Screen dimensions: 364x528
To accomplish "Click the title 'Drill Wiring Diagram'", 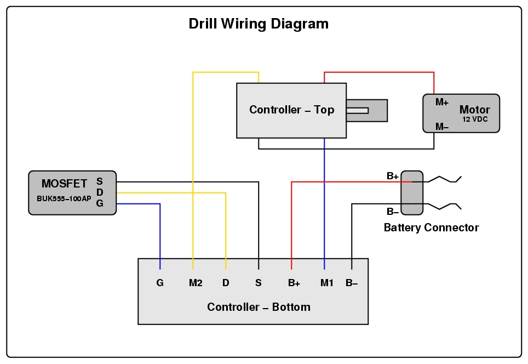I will point(259,24).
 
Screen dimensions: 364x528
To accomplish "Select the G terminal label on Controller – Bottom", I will point(159,283).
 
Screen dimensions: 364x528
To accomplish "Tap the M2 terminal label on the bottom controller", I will point(196,283).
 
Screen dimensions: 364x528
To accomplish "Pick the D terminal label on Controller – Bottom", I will point(226,283).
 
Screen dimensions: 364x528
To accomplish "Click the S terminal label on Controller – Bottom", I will point(259,283).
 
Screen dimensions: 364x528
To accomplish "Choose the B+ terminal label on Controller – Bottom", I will point(294,283).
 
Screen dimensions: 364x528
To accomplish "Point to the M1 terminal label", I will point(327,283).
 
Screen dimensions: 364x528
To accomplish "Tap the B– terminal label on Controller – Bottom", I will point(352,283).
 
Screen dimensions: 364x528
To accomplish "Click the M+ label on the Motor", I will point(442,103).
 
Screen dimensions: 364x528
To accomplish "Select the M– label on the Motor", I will point(442,127).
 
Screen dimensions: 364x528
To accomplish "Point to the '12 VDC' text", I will point(475,120).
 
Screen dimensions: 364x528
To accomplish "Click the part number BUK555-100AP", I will point(64,198).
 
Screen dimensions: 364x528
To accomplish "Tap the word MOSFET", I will point(64,184).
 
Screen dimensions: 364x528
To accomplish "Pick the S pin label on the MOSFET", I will point(100,181).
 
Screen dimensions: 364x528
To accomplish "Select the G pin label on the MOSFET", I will point(100,203).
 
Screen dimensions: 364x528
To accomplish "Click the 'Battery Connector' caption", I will point(431,228).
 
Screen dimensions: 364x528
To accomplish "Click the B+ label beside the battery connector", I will point(393,176).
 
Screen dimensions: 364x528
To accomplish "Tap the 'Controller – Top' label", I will point(291,110).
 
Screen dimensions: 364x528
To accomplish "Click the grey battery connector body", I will point(412,193).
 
